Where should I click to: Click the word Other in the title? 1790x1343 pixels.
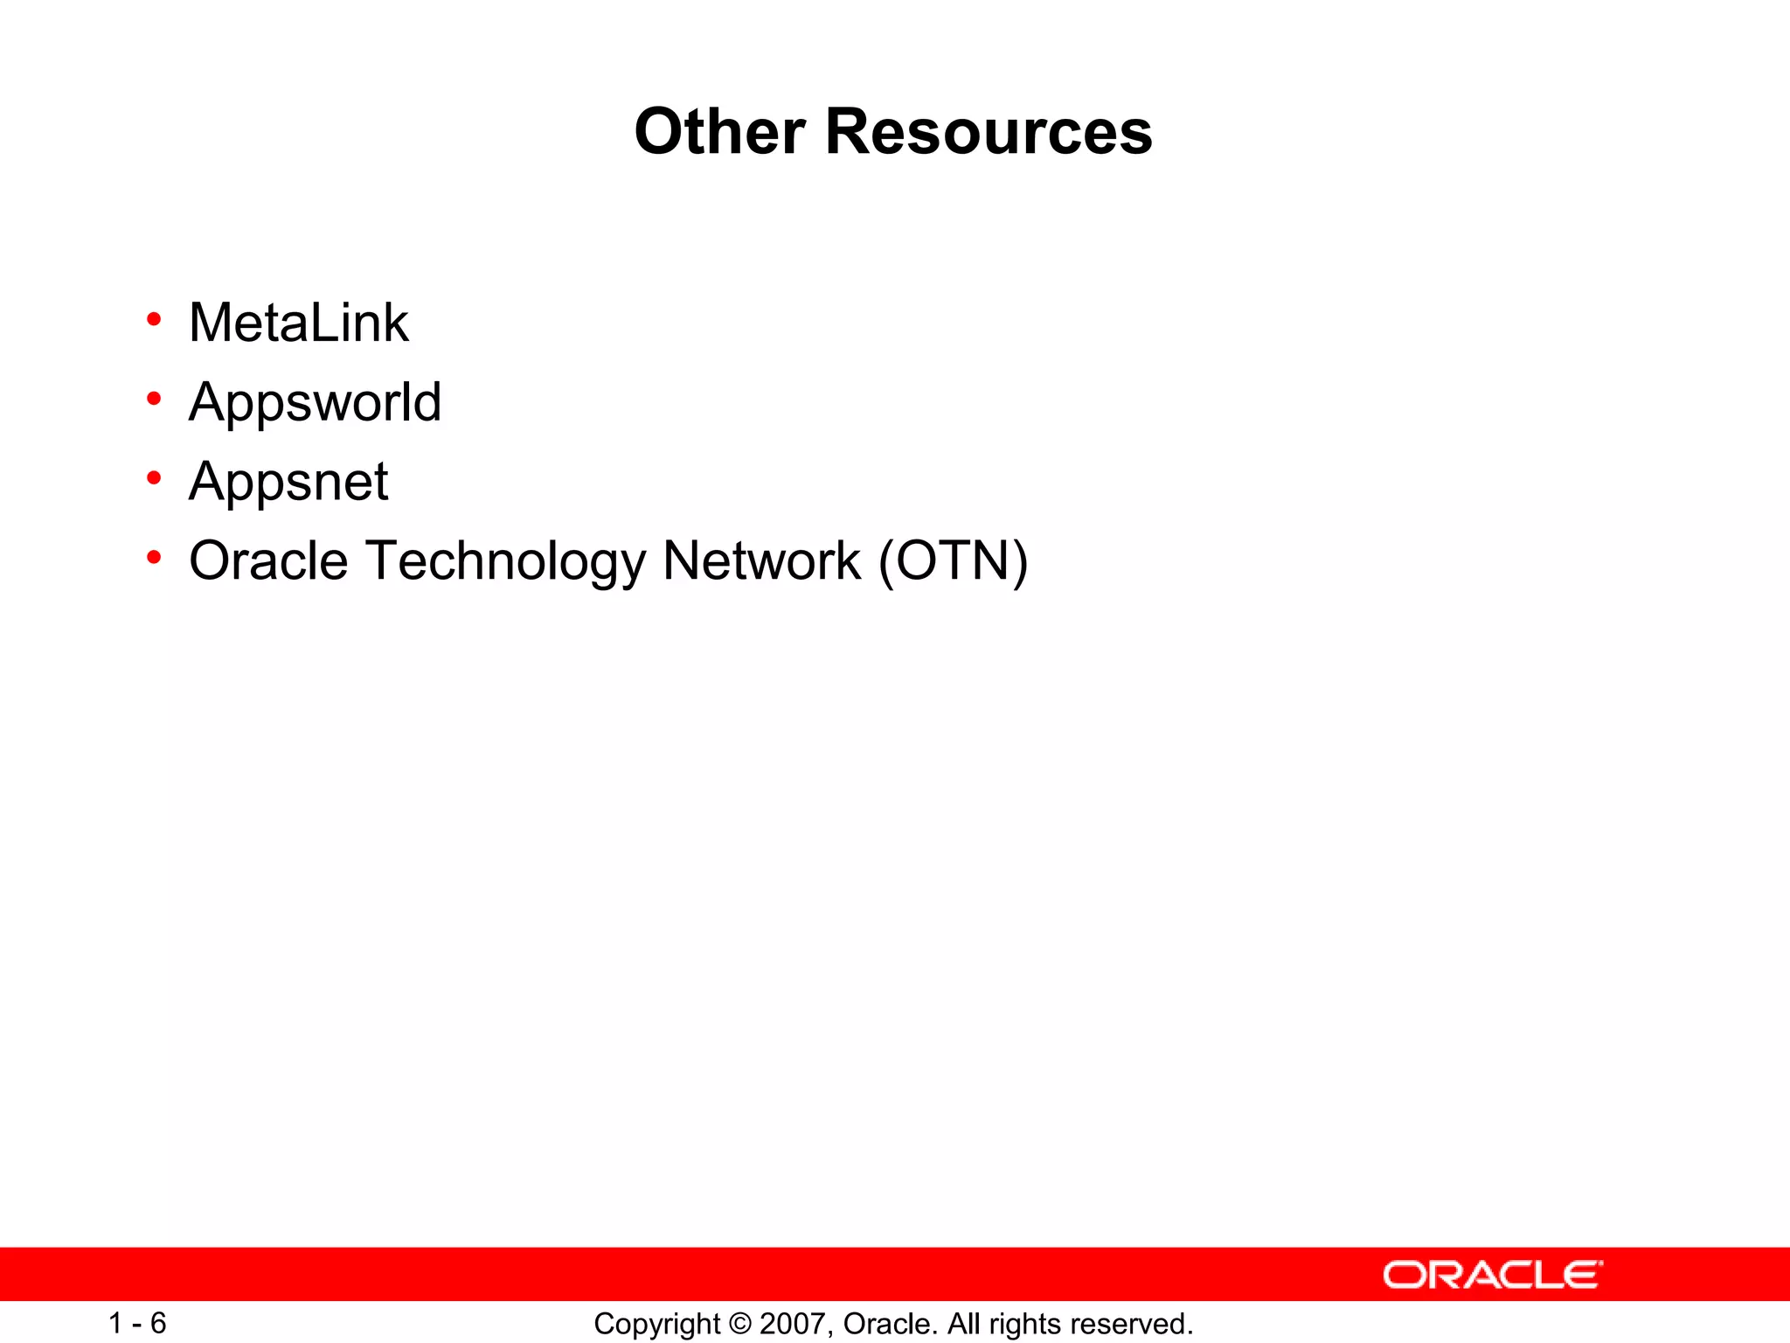click(x=719, y=132)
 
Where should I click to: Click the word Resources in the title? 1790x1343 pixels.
click(x=989, y=132)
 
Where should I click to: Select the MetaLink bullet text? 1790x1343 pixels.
click(x=298, y=323)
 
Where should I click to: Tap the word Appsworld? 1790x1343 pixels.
click(x=315, y=402)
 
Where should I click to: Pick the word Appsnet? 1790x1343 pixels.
click(x=288, y=482)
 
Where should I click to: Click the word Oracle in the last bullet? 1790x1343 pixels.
click(x=268, y=560)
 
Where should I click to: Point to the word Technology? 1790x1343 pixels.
click(x=505, y=562)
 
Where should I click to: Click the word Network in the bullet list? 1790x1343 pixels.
click(x=761, y=560)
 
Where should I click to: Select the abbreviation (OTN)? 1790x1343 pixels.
click(x=953, y=561)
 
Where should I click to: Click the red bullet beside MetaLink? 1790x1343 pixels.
click(x=155, y=320)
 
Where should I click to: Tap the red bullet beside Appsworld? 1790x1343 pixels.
click(x=155, y=400)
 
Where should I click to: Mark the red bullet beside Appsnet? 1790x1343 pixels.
click(x=155, y=478)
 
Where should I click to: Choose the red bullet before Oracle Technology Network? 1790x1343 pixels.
click(x=155, y=557)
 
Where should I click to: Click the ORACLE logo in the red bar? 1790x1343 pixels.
click(x=1492, y=1275)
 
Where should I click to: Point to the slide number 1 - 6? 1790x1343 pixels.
click(x=137, y=1323)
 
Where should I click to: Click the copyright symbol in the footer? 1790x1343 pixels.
click(x=739, y=1324)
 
